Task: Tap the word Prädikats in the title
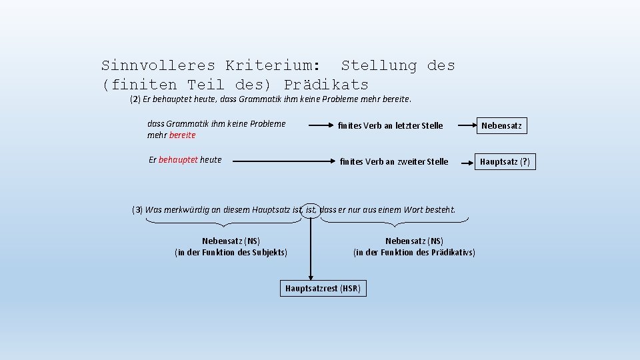coord(326,85)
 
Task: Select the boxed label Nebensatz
coord(501,125)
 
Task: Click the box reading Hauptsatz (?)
coord(505,161)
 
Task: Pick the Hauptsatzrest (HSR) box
coord(323,288)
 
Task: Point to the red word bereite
coord(183,135)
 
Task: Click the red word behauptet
coord(179,160)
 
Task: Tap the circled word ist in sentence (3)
coord(311,210)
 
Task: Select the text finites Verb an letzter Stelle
coord(390,125)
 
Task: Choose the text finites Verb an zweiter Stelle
coord(393,161)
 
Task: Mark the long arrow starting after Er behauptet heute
coord(277,161)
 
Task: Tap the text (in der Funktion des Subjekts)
coord(231,253)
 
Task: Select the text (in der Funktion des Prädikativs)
coord(414,253)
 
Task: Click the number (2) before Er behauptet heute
coord(135,100)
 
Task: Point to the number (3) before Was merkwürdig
coord(137,210)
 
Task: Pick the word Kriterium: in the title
coord(272,65)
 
